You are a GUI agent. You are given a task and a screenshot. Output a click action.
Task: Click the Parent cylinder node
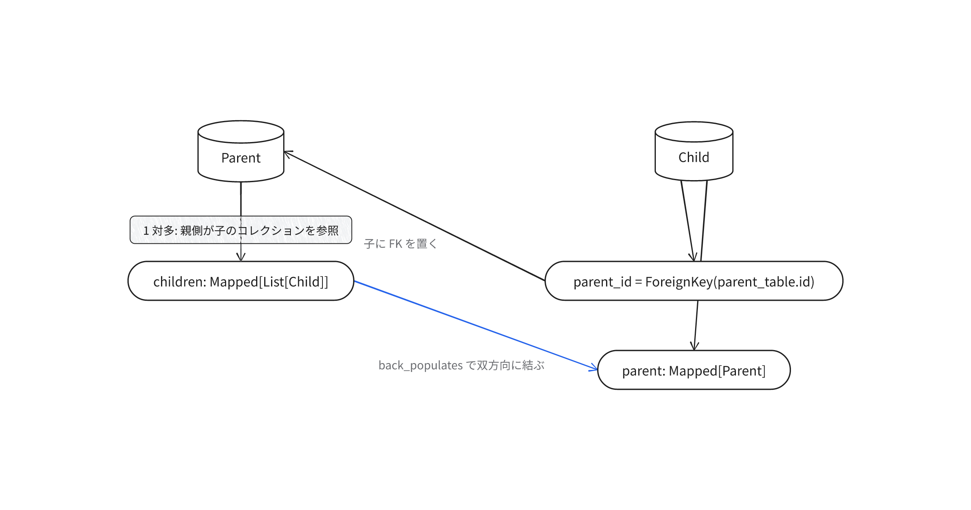241,151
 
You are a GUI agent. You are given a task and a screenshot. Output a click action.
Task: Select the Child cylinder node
694,151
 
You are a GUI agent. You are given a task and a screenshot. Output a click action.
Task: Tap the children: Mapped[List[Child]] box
241,281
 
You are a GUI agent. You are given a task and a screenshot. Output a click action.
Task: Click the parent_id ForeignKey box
694,281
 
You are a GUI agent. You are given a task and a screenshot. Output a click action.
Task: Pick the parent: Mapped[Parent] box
694,370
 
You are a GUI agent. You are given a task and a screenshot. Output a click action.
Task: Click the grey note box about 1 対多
241,230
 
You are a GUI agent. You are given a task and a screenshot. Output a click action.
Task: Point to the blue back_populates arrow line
476,325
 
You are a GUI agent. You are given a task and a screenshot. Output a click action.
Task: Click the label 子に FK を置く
401,244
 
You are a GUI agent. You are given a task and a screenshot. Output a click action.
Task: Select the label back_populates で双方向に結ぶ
461,365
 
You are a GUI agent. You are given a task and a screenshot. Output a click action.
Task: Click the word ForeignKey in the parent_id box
678,282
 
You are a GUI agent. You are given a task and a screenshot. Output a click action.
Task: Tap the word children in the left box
178,282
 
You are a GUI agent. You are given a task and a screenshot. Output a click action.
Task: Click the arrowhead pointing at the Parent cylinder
288,154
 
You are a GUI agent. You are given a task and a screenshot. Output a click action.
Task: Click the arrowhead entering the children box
241,257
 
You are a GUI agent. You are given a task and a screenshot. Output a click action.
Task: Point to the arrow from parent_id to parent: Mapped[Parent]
696,325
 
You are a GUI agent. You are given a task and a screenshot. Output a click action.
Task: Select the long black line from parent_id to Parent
414,216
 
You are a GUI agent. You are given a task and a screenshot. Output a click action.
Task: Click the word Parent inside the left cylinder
241,158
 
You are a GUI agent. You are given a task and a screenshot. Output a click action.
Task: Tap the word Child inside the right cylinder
694,157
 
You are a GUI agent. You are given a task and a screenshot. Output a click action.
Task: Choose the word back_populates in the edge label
420,365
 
